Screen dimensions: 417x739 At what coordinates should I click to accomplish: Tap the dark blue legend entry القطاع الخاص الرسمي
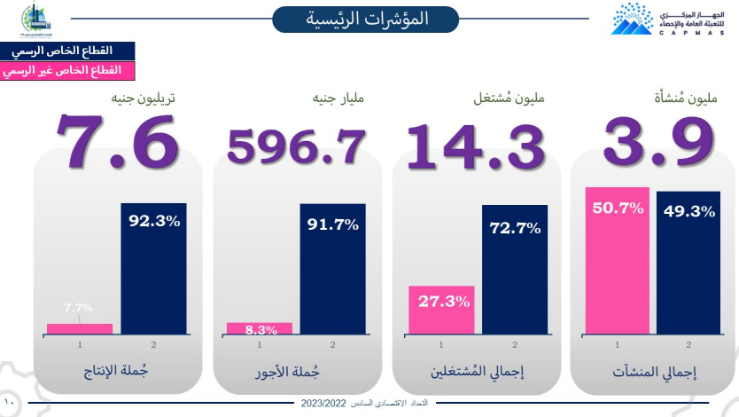[x=67, y=51]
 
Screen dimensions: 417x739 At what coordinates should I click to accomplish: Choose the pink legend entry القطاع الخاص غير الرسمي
[x=67, y=68]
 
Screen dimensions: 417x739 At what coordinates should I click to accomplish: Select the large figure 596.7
[x=297, y=146]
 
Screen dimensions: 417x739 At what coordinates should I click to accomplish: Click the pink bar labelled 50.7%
[x=617, y=262]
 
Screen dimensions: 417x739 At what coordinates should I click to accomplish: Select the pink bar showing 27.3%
[x=440, y=311]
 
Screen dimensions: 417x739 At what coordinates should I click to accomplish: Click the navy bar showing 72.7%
[x=515, y=271]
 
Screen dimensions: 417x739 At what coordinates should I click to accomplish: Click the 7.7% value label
[x=78, y=308]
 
